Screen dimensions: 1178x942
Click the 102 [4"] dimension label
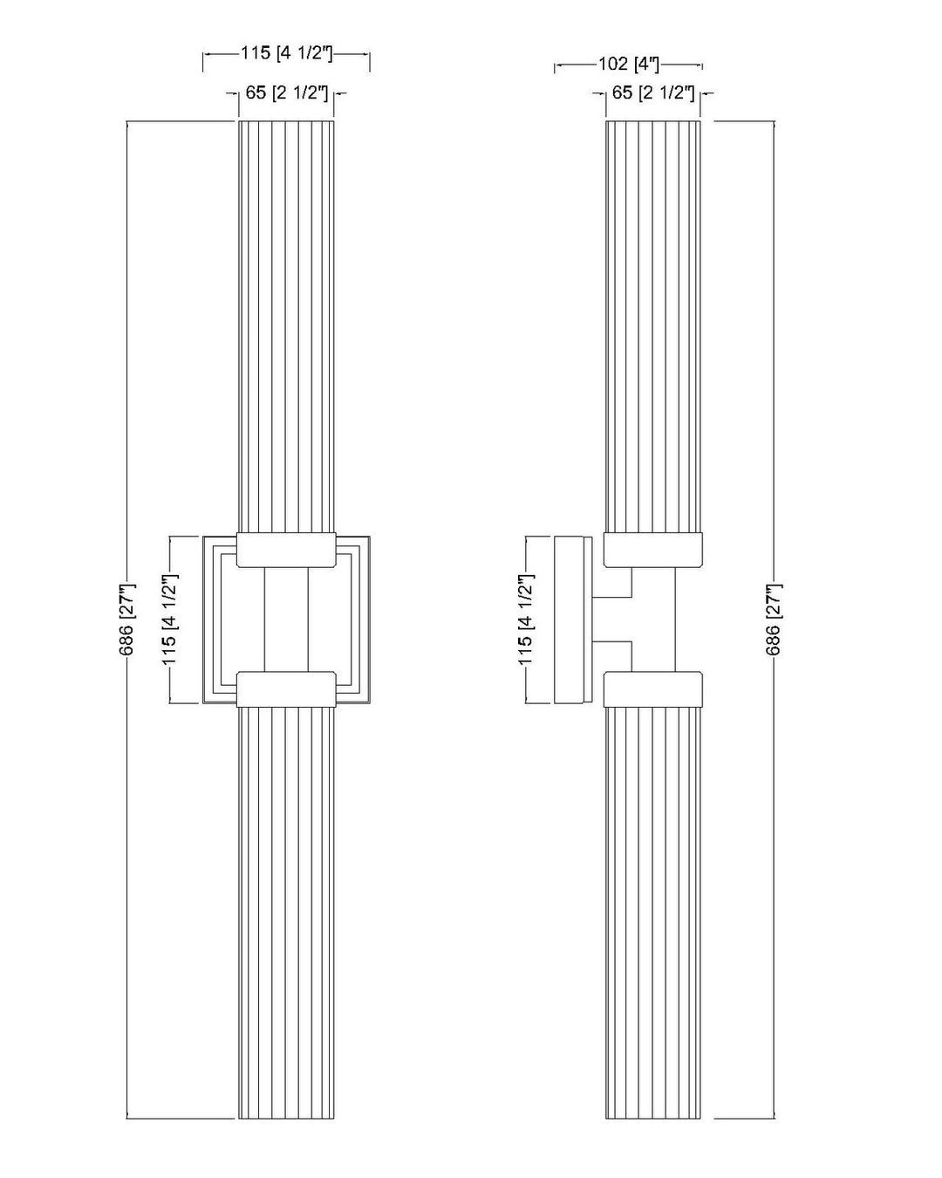(628, 64)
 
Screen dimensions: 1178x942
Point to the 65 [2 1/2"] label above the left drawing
(287, 92)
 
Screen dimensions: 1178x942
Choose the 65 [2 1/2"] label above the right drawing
(653, 92)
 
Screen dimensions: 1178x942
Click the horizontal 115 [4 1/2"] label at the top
(287, 53)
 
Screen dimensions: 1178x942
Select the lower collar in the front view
(287, 688)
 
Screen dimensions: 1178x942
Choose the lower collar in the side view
(653, 688)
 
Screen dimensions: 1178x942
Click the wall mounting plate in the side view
(572, 620)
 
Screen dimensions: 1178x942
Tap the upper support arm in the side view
(613, 584)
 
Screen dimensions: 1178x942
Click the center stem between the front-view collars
(287, 620)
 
